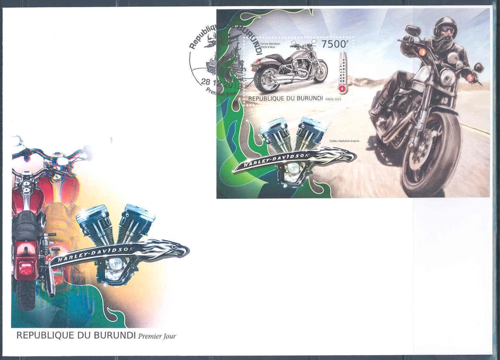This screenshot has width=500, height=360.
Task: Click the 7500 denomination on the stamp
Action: coord(333,44)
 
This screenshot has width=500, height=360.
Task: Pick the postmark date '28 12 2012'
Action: coord(208,81)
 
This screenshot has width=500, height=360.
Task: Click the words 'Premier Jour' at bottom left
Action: coord(157,336)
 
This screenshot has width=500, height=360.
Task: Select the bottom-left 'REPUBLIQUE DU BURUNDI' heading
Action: coord(76,336)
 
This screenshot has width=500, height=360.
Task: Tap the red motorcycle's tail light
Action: coord(26,268)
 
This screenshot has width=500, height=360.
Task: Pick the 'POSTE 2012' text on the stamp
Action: coord(333,99)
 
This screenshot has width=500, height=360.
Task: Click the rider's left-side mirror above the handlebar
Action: coord(413,30)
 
